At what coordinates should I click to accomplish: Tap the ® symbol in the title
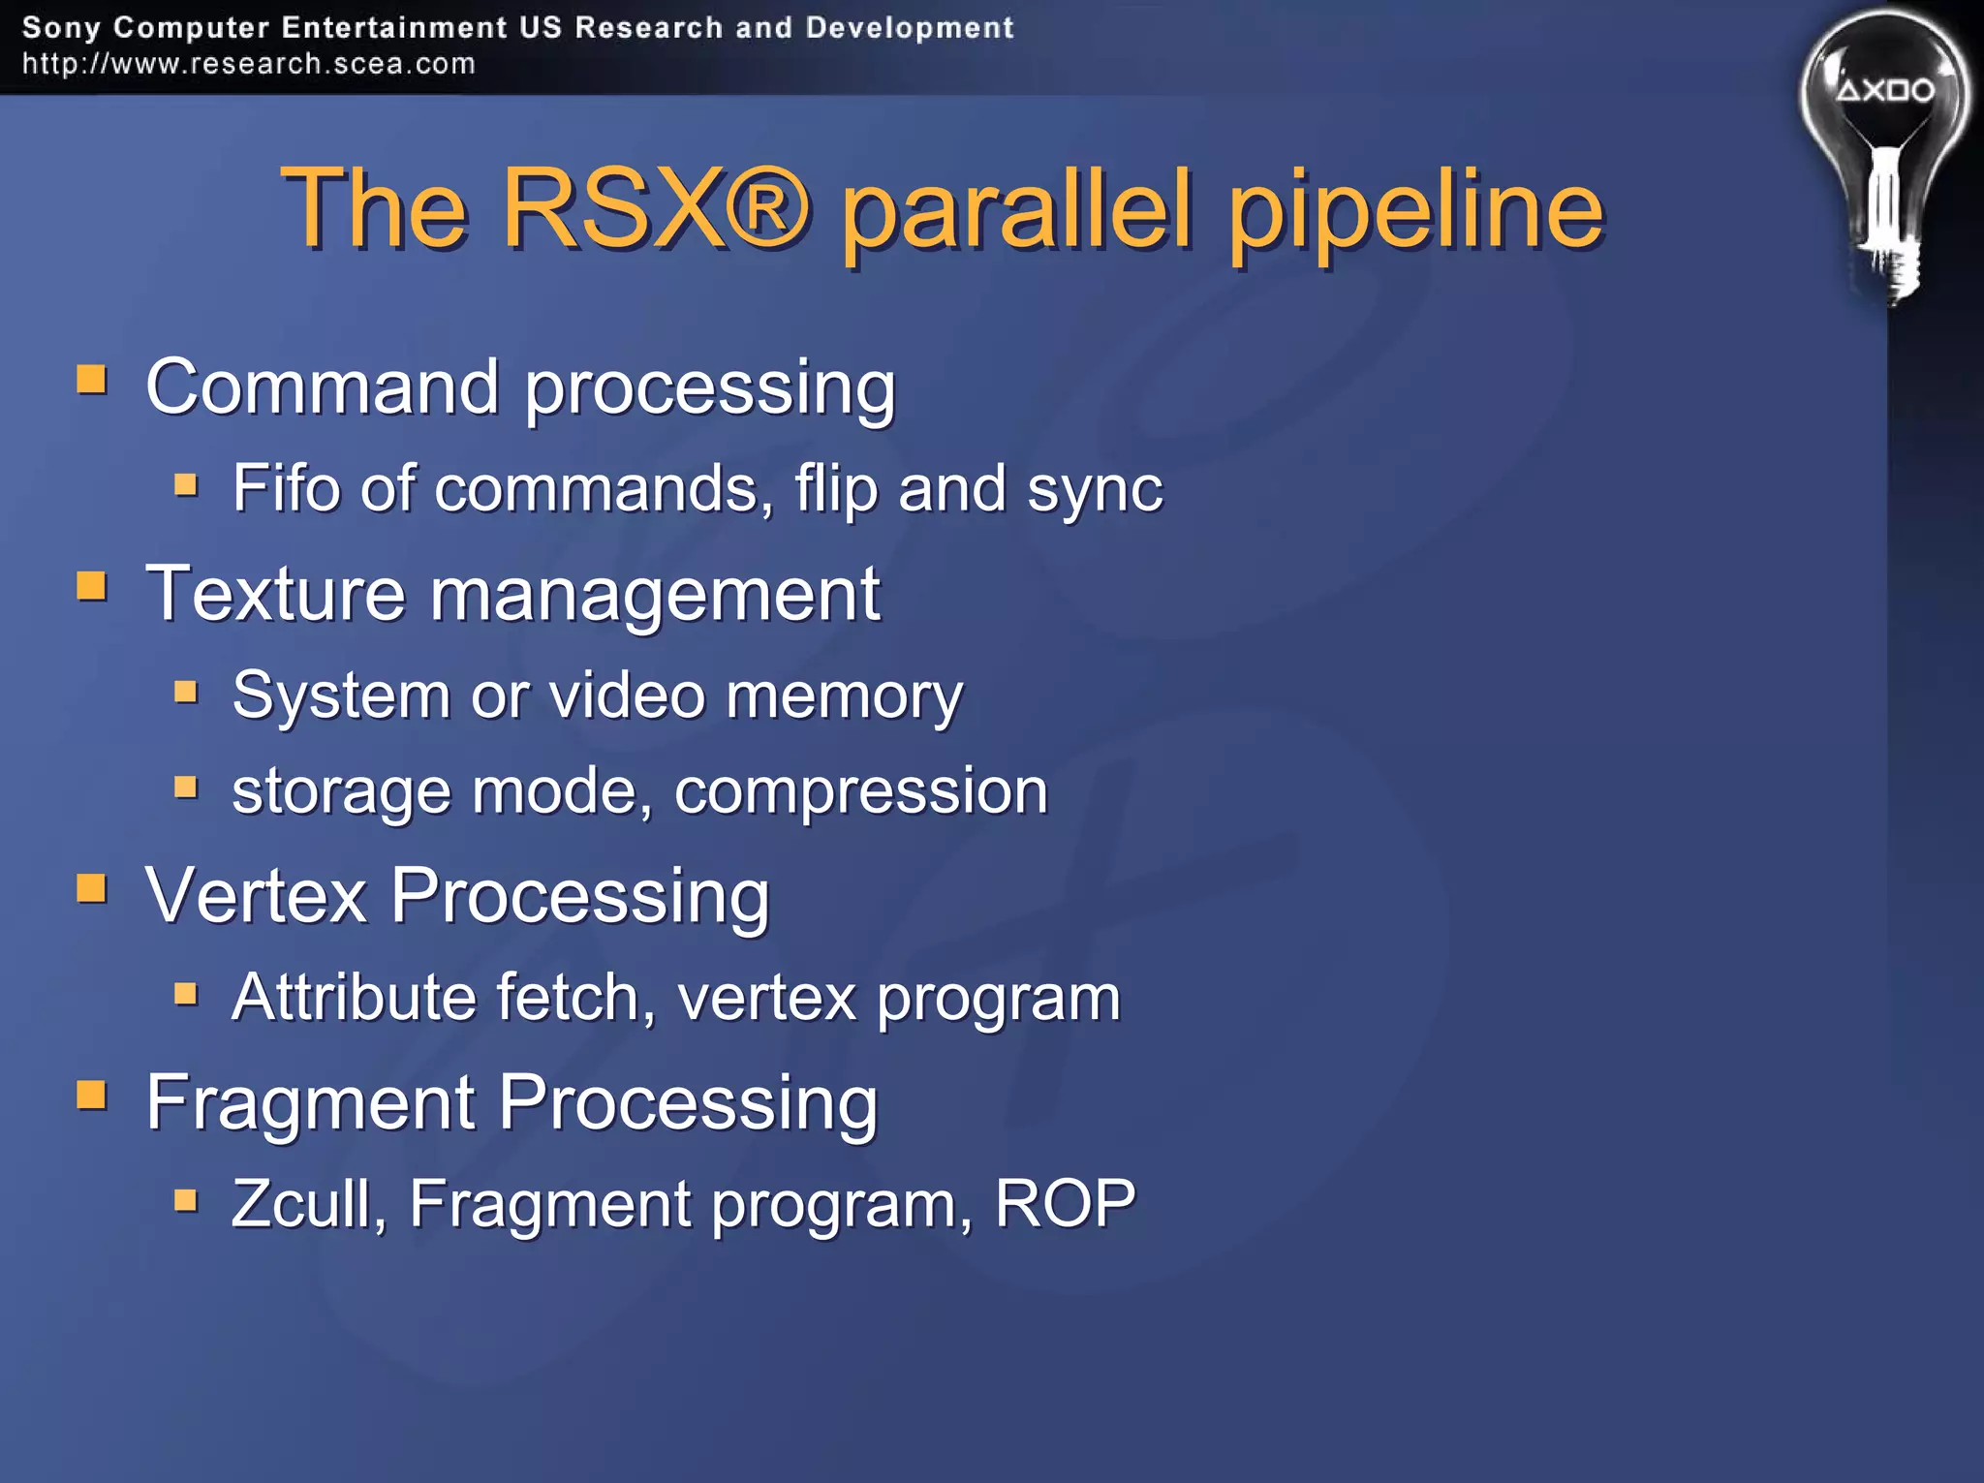[x=766, y=207]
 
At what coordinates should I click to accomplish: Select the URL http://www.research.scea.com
[x=249, y=64]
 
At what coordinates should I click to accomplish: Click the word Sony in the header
[x=61, y=27]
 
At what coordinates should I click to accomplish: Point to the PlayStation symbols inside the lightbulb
[x=1885, y=90]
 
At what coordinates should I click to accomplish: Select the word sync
[x=1095, y=489]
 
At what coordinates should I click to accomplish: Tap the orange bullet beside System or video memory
[x=186, y=692]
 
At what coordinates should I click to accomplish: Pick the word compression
[x=860, y=791]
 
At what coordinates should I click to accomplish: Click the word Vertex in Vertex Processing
[x=256, y=895]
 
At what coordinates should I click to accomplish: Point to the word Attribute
[x=354, y=997]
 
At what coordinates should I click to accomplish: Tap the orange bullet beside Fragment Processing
[x=92, y=1096]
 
